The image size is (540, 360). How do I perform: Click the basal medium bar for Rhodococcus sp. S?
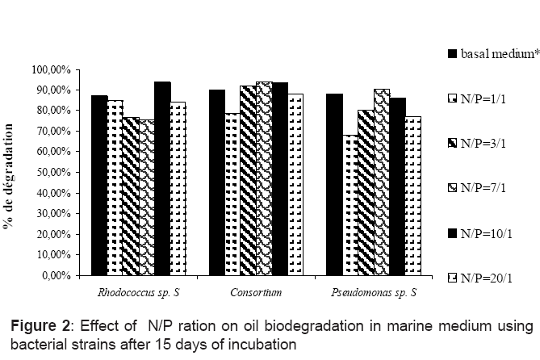99,185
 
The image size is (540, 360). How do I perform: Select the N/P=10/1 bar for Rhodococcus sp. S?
162,178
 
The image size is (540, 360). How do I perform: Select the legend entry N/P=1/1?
481,99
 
